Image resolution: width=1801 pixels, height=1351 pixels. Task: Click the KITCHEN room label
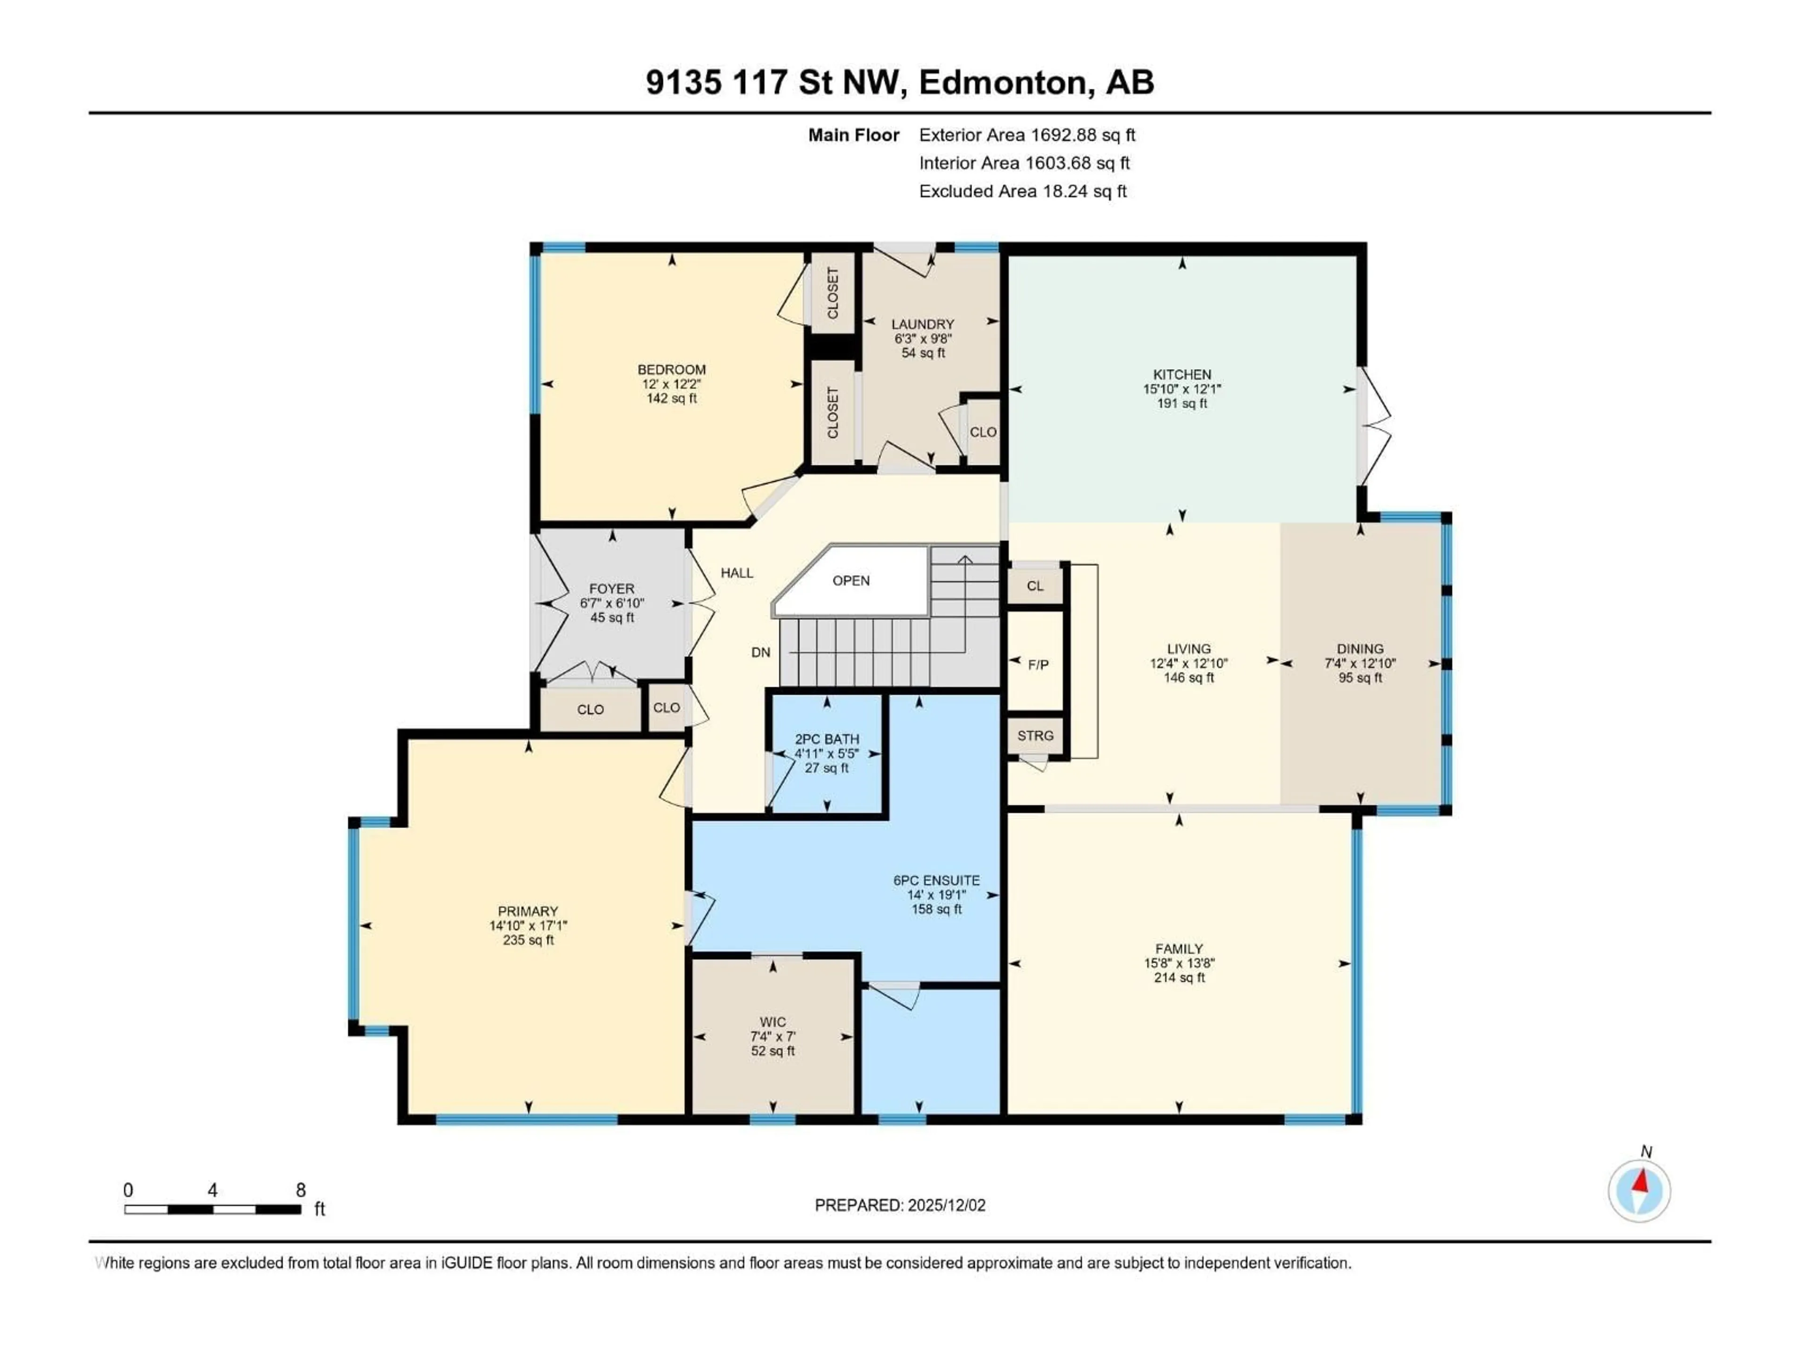[x=1181, y=375]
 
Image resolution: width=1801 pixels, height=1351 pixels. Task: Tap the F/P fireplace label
[x=1038, y=665]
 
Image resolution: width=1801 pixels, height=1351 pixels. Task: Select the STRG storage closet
[x=1035, y=736]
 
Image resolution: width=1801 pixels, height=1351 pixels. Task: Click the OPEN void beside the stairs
[x=851, y=581]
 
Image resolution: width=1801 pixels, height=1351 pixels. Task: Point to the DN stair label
[x=760, y=653]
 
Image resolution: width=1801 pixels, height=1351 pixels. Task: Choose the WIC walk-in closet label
[x=772, y=1022]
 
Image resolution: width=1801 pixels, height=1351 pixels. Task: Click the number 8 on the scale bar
[x=301, y=1190]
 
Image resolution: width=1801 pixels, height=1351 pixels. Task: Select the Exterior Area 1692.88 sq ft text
[x=1027, y=135]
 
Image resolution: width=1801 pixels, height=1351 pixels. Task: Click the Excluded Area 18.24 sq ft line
[x=1022, y=191]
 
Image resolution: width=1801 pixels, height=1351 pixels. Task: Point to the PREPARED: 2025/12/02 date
[x=900, y=1205]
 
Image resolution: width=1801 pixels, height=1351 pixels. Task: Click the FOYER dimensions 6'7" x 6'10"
[x=612, y=603]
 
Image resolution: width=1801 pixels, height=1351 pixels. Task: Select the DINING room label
[x=1360, y=649]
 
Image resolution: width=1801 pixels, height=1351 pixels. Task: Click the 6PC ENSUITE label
[x=936, y=880]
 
